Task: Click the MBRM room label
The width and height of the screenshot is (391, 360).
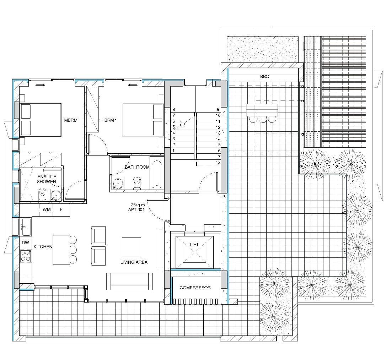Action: [x=71, y=120]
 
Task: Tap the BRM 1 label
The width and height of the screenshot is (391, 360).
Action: [x=111, y=120]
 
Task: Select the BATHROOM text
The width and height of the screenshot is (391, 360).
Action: [x=137, y=167]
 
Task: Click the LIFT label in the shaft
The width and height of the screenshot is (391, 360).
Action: [x=194, y=244]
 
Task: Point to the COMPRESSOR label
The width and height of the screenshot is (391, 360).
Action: [x=195, y=288]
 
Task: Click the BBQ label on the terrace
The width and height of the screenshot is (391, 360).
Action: [x=264, y=76]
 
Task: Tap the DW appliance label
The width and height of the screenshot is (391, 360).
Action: [x=26, y=242]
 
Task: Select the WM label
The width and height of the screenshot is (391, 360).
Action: [x=47, y=209]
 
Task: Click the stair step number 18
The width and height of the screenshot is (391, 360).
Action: [x=218, y=163]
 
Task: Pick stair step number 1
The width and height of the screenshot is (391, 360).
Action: [x=173, y=151]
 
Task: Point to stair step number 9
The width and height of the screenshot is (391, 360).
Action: [x=218, y=109]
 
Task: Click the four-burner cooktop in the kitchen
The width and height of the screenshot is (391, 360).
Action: [x=26, y=256]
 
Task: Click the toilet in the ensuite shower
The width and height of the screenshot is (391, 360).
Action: [x=43, y=194]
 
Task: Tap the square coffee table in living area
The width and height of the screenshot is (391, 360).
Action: [x=132, y=247]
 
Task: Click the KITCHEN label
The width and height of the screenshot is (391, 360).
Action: [x=43, y=247]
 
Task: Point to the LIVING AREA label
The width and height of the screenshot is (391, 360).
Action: [x=134, y=262]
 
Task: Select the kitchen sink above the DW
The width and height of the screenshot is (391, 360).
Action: [x=26, y=227]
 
